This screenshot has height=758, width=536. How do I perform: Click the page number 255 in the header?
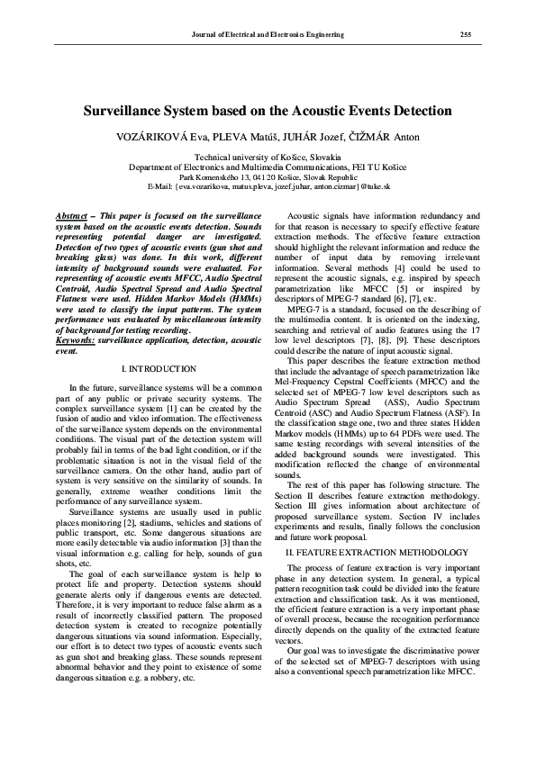[466, 34]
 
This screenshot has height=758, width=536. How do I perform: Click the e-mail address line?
[268, 185]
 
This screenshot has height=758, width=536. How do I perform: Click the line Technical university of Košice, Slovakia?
[268, 157]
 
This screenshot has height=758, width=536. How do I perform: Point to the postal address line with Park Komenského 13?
[268, 176]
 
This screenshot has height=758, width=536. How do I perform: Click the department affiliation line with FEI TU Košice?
[268, 167]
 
